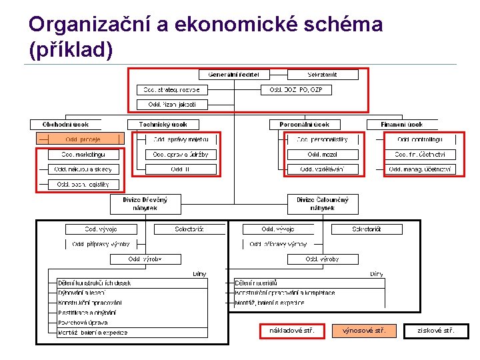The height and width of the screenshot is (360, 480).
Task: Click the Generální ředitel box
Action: (x=233, y=75)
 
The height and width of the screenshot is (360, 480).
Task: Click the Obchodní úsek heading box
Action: (x=65, y=124)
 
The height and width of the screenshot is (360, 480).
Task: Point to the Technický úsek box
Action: (x=163, y=124)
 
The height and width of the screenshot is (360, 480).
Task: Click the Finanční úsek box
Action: (x=401, y=124)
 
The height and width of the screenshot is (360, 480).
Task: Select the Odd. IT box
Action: (x=181, y=169)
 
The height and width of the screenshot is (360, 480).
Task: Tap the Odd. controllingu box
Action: (x=420, y=139)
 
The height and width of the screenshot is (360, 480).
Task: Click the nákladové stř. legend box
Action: (x=292, y=331)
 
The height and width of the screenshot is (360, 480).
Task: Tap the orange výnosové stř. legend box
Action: (x=363, y=331)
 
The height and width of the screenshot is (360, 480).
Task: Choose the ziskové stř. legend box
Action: (x=436, y=331)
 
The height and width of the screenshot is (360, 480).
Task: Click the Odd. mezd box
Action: (x=323, y=155)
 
